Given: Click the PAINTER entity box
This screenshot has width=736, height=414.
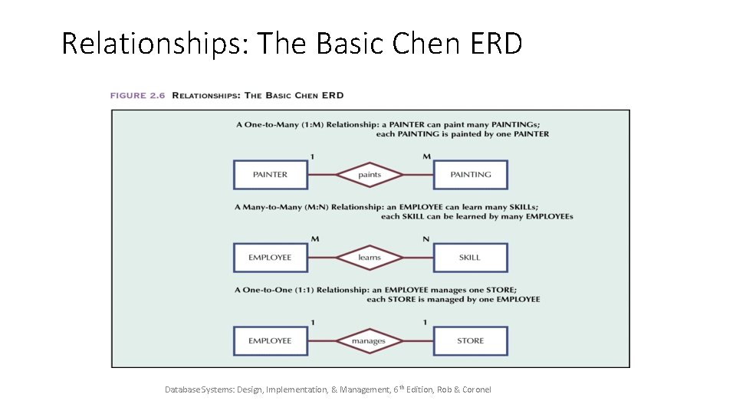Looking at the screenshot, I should click(x=270, y=175).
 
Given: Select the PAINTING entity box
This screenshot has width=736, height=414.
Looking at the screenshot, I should click(x=470, y=175).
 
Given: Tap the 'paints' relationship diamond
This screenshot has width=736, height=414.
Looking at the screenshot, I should click(x=370, y=175).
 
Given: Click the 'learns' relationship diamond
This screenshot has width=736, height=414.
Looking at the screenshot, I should click(x=370, y=258).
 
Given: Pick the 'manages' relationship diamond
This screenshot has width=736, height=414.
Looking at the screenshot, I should click(x=369, y=340).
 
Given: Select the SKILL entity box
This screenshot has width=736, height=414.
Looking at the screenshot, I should click(x=470, y=258).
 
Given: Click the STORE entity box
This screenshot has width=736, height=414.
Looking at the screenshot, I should click(x=470, y=340).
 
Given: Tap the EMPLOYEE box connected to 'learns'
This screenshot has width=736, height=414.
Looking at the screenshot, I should click(x=270, y=258).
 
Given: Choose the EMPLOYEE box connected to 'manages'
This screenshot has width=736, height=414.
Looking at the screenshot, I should click(x=270, y=340).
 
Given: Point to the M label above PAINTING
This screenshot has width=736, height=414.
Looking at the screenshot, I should click(x=426, y=156).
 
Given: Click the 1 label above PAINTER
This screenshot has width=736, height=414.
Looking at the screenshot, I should click(x=312, y=156).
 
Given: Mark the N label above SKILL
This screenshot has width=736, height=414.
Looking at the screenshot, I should click(x=426, y=239).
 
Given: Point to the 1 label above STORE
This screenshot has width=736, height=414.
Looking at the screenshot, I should click(x=426, y=322).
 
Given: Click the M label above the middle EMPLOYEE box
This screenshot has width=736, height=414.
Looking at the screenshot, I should click(x=314, y=239).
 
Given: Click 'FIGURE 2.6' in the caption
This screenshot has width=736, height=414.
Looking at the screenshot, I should click(x=138, y=96).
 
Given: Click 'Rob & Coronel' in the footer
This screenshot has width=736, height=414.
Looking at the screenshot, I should click(x=464, y=389).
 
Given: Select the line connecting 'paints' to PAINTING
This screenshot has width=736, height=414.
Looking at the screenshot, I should click(x=419, y=175).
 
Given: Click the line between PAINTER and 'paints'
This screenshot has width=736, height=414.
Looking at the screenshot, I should click(x=321, y=175).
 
